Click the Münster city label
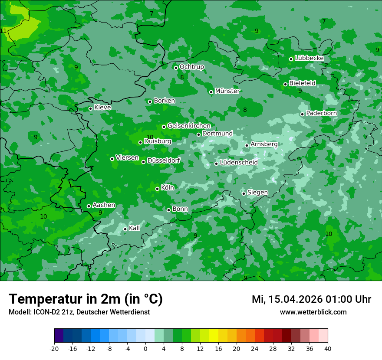pyautogui.click(x=227, y=91)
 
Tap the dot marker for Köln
pyautogui.click(x=157, y=189)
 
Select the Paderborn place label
pyautogui.click(x=321, y=113)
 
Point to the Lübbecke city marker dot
pyautogui.click(x=291, y=59)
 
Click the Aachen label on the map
pyautogui.click(x=104, y=205)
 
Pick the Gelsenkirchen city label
pyautogui.click(x=189, y=126)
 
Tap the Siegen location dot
pyautogui.click(x=244, y=193)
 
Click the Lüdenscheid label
pyautogui.click(x=239, y=163)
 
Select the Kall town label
pyautogui.click(x=135, y=228)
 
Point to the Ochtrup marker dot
pyautogui.click(x=176, y=68)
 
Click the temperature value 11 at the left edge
pyautogui.click(x=3, y=31)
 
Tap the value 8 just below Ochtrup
pyautogui.click(x=182, y=78)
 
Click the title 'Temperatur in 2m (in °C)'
pyautogui.click(x=86, y=299)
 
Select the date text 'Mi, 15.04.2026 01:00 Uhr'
pyautogui.click(x=311, y=299)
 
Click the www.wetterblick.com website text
pyautogui.click(x=313, y=312)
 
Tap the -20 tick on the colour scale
pyautogui.click(x=54, y=349)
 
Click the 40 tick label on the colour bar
pyautogui.click(x=328, y=349)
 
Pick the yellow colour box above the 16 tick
pyautogui.click(x=214, y=336)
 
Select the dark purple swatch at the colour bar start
pyautogui.click(x=59, y=336)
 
